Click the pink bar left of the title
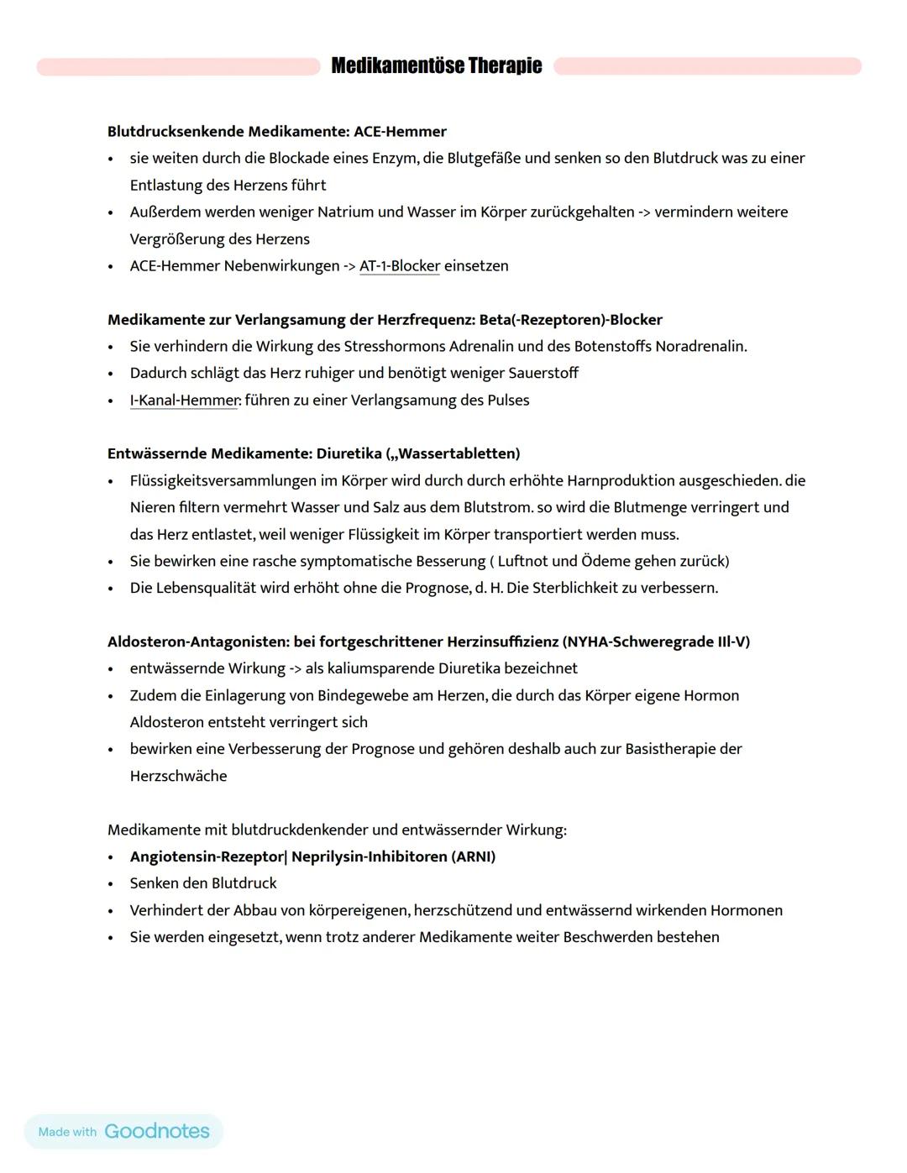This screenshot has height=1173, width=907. click(178, 66)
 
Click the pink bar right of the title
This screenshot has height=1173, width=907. click(707, 66)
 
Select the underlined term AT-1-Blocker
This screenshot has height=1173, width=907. click(400, 266)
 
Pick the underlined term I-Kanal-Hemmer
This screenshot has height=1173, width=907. click(185, 401)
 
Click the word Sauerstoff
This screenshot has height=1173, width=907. click(543, 374)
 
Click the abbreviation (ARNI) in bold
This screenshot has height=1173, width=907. click(473, 857)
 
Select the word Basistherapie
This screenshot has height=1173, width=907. click(676, 749)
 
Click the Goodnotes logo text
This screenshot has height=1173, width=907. click(157, 1131)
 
